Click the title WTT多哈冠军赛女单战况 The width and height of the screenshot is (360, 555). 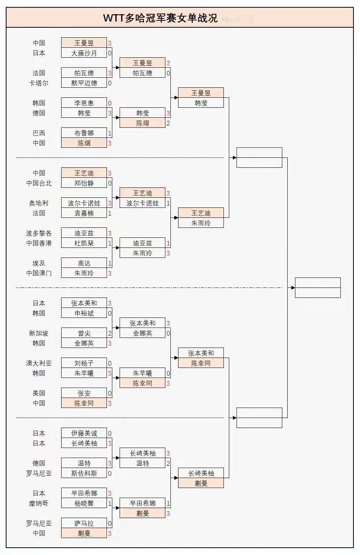point(160,18)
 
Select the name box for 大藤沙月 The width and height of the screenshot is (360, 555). point(84,53)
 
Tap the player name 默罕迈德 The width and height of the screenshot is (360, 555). point(84,83)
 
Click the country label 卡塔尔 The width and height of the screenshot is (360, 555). point(39,83)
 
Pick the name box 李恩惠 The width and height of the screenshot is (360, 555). point(84,103)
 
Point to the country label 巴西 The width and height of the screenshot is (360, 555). point(39,133)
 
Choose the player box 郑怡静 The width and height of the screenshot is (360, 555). point(84,183)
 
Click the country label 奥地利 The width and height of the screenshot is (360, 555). point(39,203)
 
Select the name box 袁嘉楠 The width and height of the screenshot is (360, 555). point(84,213)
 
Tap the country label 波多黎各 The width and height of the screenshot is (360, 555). point(39,233)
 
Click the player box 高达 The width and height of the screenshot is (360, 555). point(84,263)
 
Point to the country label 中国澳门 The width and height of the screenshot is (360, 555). point(39,273)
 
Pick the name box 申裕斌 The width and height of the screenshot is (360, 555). point(84,313)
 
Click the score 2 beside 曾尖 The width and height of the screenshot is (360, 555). point(110,333)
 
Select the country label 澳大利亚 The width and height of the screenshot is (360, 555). point(39,363)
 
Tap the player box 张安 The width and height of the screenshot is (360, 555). point(84,393)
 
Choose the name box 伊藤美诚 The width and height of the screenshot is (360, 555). point(84,433)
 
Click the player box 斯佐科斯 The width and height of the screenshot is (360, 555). point(84,473)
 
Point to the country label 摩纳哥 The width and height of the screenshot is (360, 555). point(39,503)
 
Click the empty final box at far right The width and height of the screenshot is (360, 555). point(318,288)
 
